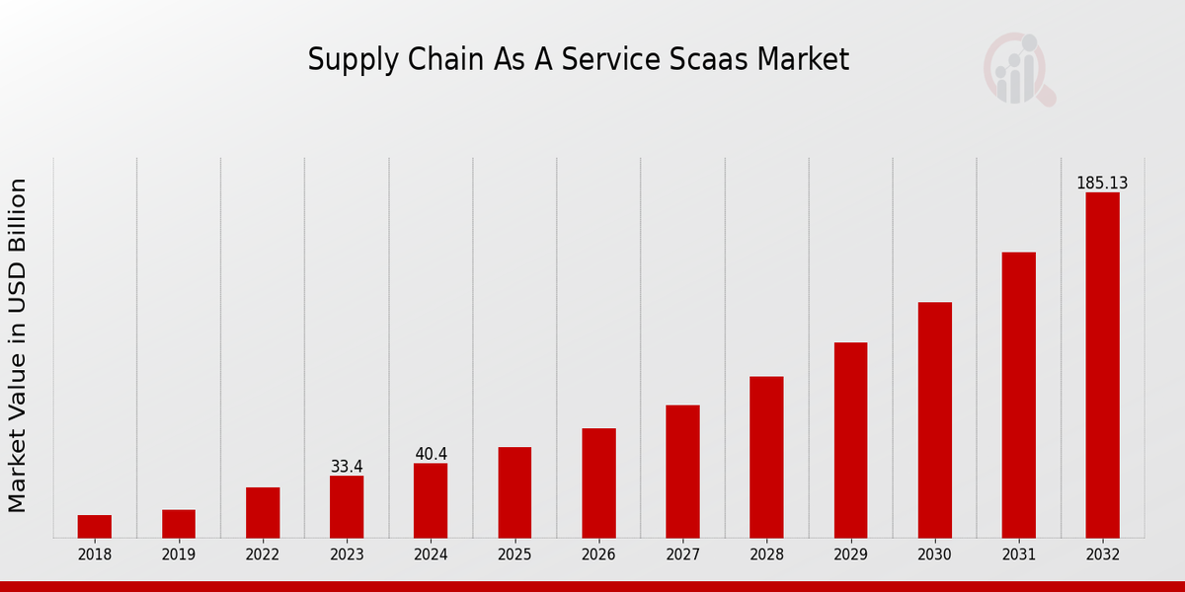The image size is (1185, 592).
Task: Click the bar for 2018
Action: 95,526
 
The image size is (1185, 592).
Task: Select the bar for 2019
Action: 179,524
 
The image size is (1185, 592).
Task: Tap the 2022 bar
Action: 263,512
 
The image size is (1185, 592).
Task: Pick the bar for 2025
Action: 514,492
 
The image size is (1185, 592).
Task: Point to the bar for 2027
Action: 682,472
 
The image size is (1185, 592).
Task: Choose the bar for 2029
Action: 850,440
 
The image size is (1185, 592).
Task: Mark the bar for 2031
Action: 1018,395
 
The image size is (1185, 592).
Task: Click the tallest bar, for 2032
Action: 1102,365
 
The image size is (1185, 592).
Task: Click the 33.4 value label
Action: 347,467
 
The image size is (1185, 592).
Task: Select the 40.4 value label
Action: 431,454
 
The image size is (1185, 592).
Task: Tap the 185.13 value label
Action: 1102,184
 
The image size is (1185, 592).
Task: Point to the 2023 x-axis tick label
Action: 347,555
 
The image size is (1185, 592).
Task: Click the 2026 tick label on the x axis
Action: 598,555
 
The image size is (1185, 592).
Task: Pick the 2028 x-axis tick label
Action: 766,555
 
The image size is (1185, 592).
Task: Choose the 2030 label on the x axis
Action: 934,555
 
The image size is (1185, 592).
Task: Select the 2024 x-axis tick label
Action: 431,555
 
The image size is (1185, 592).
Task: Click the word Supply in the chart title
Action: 344,61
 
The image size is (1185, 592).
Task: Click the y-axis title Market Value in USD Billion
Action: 18,345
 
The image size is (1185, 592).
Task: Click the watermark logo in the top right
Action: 1018,69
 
